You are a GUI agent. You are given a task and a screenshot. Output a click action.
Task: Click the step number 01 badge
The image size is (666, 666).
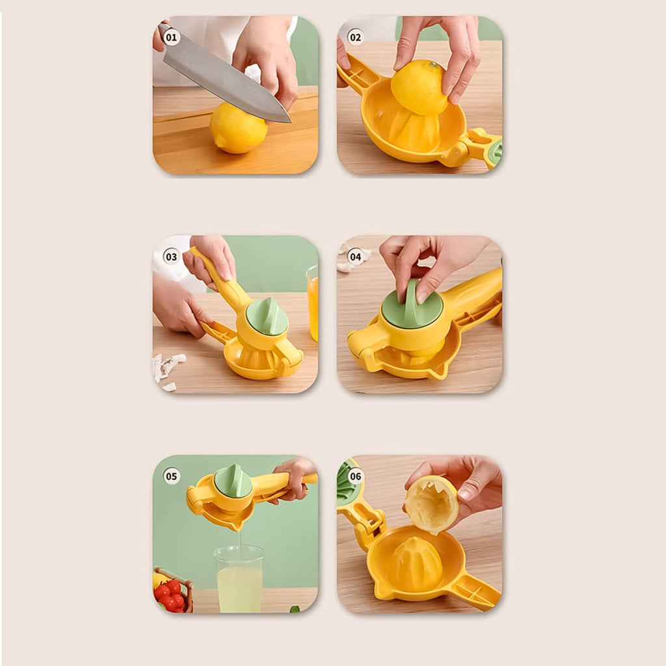point(171,37)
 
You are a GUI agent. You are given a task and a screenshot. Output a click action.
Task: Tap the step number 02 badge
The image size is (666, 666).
point(356,37)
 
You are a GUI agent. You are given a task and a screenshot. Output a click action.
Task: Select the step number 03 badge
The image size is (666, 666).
point(171,256)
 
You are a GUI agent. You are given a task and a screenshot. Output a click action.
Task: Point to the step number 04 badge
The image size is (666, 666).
point(356,256)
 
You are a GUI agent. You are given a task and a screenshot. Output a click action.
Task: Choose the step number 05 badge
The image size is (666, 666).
point(171,476)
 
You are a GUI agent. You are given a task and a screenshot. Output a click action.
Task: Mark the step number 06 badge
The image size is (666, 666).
point(356,476)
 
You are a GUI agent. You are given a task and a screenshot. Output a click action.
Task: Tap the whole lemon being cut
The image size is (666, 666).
point(238,128)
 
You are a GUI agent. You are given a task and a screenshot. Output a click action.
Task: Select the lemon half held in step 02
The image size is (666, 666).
point(419,88)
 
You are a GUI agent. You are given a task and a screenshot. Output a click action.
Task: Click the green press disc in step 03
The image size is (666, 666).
point(267,316)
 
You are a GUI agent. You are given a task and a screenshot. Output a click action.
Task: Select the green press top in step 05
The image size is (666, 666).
point(232,481)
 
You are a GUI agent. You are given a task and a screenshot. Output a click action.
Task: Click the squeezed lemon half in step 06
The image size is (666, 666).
point(431,504)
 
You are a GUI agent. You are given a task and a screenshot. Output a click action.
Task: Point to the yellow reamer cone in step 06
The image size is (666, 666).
point(416,561)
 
